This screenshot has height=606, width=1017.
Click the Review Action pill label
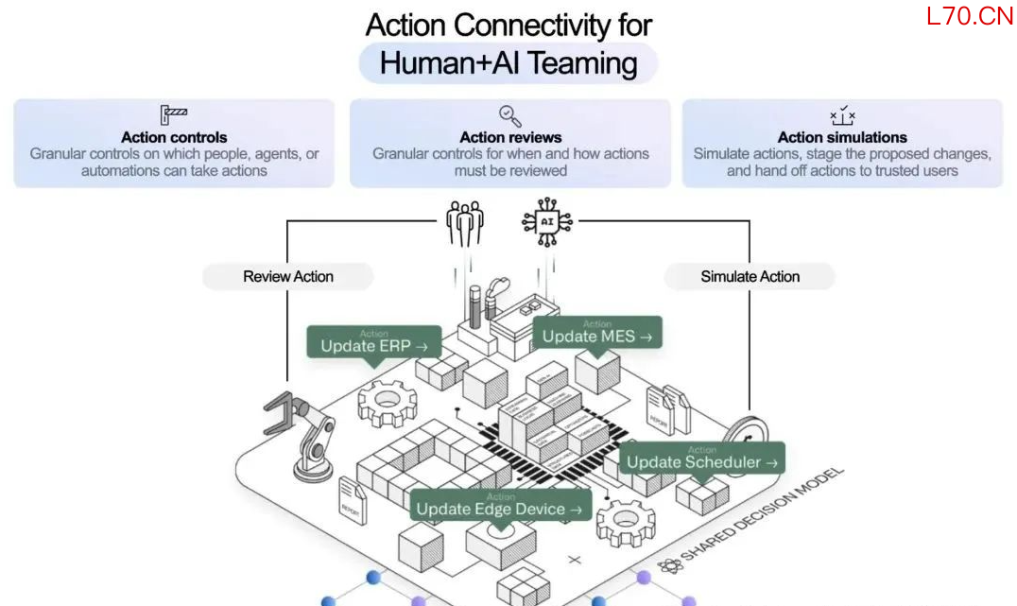tap(288, 277)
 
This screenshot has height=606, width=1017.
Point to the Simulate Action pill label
tap(750, 277)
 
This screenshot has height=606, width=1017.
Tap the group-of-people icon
tap(464, 221)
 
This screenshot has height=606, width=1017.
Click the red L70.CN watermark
tap(970, 16)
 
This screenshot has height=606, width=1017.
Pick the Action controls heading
tap(174, 137)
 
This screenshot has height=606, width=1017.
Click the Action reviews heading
tap(510, 137)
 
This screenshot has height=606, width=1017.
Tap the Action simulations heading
tap(842, 137)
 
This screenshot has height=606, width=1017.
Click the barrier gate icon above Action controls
tap(174, 115)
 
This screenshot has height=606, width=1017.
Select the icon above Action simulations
tap(842, 115)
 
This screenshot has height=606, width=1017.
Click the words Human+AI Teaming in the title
tap(508, 63)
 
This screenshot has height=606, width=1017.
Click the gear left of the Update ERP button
tap(387, 403)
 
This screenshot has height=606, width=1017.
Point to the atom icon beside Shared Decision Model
tap(671, 566)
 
